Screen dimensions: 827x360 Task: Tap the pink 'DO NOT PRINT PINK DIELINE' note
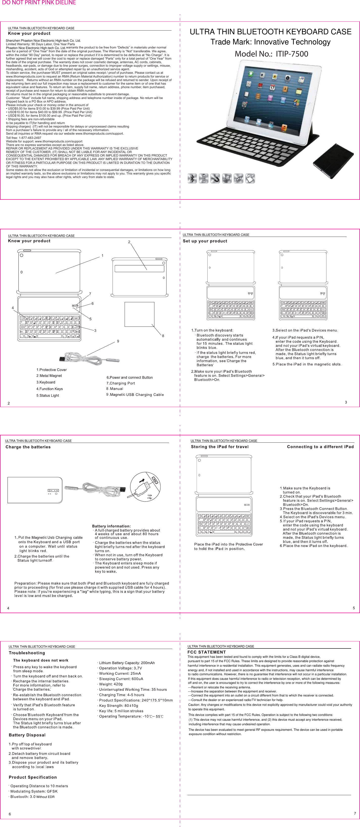pyautogui.click(x=39, y=3)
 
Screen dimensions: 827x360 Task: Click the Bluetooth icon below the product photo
pyautogui.click(x=192, y=178)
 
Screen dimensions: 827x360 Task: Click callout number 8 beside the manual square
pyautogui.click(x=163, y=336)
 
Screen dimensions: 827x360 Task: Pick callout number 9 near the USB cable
pyautogui.click(x=118, y=341)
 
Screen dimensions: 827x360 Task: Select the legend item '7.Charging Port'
pyautogui.click(x=121, y=383)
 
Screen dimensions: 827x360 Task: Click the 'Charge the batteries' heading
pyautogui.click(x=28, y=447)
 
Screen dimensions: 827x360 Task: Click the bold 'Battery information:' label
pyautogui.click(x=111, y=526)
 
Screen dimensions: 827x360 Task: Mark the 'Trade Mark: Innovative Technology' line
pyautogui.click(x=270, y=42)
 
